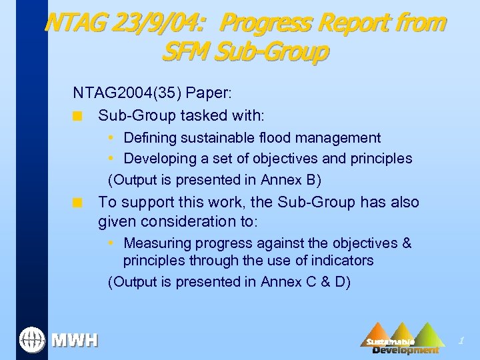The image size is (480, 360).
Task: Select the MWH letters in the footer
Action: point(75,341)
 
